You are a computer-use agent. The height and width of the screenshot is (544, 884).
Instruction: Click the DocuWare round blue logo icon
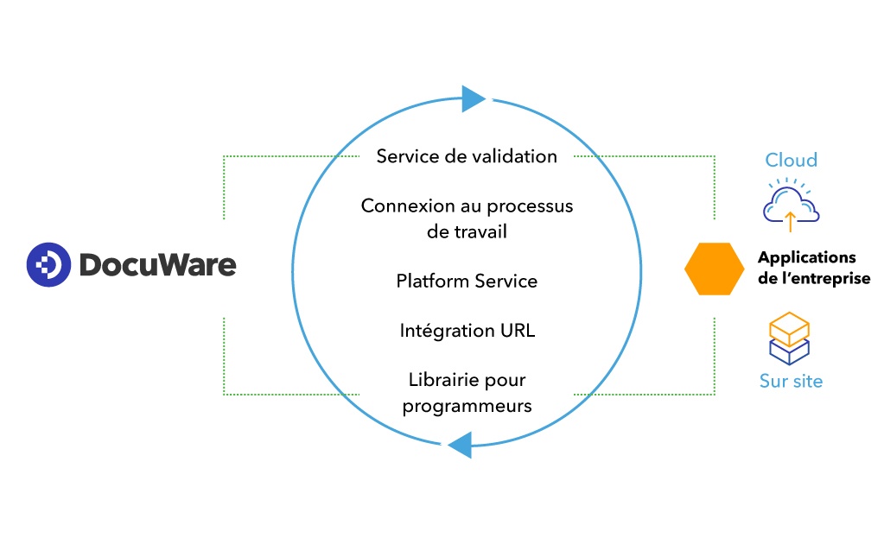tap(49, 264)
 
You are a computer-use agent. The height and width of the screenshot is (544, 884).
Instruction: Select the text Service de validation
tap(467, 156)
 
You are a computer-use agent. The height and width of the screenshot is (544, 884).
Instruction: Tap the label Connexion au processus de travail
tap(467, 218)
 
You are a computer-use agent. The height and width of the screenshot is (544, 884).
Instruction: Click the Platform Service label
tap(467, 281)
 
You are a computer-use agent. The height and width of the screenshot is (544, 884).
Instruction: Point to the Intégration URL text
tap(467, 331)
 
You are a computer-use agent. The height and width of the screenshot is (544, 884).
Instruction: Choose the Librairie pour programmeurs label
tap(467, 392)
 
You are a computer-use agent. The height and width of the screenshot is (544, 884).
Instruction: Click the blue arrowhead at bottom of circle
tap(460, 445)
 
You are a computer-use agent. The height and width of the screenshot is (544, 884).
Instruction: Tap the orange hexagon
tap(714, 269)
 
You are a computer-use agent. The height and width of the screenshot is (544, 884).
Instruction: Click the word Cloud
tap(791, 160)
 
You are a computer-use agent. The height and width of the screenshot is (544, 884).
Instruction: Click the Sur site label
tap(791, 381)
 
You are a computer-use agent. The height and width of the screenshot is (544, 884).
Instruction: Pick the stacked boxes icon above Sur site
tap(788, 338)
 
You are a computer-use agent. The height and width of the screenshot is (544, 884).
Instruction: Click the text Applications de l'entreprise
tap(813, 268)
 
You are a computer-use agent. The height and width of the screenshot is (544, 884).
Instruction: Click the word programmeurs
tap(467, 405)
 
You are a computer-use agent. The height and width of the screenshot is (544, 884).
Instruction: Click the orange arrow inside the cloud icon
tap(790, 221)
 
